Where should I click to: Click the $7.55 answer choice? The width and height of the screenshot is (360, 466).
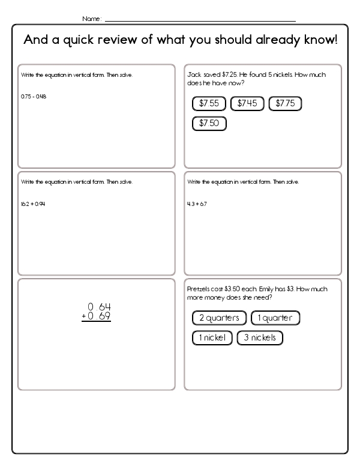coord(209,103)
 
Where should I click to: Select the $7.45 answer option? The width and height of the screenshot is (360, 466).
coord(247,103)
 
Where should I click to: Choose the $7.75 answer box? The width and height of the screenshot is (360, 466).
coord(285,103)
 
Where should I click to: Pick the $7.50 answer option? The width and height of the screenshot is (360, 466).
coord(209,124)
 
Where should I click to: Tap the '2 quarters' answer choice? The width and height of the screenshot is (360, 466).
coord(219,318)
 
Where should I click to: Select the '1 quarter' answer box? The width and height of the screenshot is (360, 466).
coord(275,318)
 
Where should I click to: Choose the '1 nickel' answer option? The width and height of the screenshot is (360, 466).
coord(212,337)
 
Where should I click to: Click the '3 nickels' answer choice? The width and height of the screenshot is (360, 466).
coord(260,337)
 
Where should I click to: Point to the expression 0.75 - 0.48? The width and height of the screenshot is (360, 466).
coord(34,97)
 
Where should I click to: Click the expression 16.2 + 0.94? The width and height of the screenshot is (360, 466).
coord(33,204)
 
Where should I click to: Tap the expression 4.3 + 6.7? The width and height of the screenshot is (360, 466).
coord(197,204)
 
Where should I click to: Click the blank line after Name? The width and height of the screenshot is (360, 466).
coord(200,20)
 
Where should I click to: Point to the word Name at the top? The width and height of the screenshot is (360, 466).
coord(91,19)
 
